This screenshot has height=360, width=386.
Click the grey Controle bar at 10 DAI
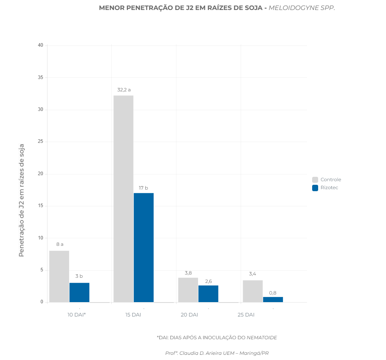pos(59,276)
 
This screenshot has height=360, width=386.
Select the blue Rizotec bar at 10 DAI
pos(79,292)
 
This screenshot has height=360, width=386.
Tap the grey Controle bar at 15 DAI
pos(123,199)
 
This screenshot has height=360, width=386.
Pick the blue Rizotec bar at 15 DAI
pos(144,247)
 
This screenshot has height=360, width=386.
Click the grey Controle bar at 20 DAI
pos(188,290)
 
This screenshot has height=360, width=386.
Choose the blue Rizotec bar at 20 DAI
pos(208,293)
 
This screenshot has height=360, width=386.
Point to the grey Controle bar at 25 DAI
pos(253,291)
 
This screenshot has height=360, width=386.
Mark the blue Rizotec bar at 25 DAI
pos(273,299)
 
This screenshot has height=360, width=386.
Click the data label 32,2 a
pos(124,90)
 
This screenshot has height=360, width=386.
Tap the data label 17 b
pos(143,188)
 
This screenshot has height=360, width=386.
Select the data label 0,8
pos(273,293)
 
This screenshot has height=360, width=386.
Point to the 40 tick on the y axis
pos(41,45)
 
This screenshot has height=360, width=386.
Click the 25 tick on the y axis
pos(41,142)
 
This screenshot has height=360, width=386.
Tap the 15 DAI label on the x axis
pos(133,315)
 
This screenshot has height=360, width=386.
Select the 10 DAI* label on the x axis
pos(77,315)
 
